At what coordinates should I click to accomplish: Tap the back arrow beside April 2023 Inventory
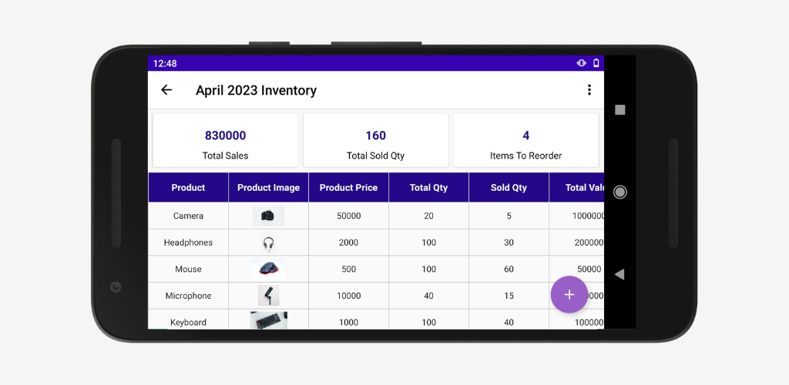tap(166, 90)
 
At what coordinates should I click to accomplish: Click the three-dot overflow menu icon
tap(589, 90)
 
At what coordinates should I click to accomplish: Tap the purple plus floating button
tap(569, 294)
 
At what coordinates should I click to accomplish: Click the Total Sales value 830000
tap(225, 136)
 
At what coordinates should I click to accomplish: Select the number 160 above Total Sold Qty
tap(375, 136)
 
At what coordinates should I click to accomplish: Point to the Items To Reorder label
tap(525, 156)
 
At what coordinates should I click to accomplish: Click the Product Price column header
tap(348, 187)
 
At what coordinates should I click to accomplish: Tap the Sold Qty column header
tap(509, 187)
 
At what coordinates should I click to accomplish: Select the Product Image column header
tap(268, 187)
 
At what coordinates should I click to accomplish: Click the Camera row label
tap(188, 216)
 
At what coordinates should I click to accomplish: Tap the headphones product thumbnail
tap(268, 243)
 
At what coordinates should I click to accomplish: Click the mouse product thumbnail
tap(268, 269)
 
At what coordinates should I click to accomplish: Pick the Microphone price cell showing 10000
tap(348, 296)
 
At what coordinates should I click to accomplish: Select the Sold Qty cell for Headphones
tap(509, 243)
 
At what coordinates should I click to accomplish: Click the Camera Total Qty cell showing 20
tap(428, 216)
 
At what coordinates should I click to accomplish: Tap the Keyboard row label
tap(188, 322)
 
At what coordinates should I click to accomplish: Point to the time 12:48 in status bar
tap(165, 63)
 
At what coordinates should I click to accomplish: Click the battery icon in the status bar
tap(596, 63)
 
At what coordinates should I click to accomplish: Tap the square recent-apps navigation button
tap(620, 110)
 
